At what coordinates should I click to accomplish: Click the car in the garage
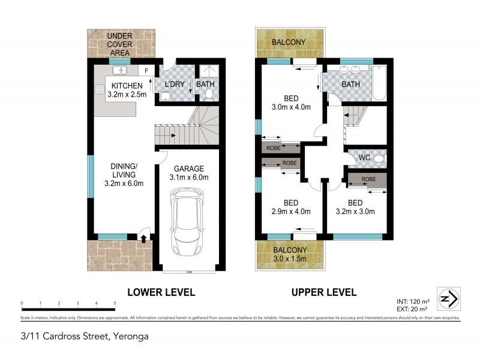tap(188, 221)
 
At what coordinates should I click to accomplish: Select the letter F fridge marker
tap(146, 71)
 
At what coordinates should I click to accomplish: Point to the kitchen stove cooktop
tap(99, 90)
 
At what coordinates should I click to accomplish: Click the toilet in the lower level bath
tap(209, 95)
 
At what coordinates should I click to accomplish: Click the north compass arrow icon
tap(448, 298)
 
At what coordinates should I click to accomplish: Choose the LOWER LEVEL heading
tap(161, 292)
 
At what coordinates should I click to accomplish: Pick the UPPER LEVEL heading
tap(324, 292)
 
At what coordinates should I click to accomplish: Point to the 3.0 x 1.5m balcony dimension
tap(290, 259)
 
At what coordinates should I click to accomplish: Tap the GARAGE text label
tap(189, 169)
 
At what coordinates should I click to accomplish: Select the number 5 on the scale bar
tap(115, 303)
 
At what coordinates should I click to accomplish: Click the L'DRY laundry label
tap(173, 85)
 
